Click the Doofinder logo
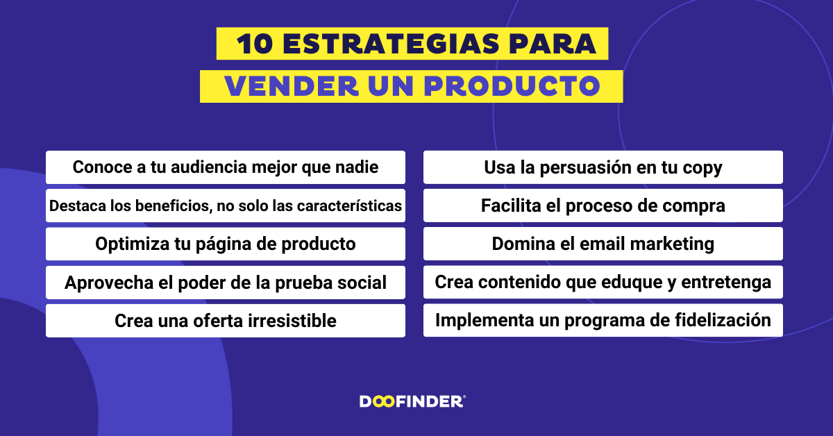412,401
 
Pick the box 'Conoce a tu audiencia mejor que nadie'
226,167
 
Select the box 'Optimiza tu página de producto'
226,244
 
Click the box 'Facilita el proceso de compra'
603,206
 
